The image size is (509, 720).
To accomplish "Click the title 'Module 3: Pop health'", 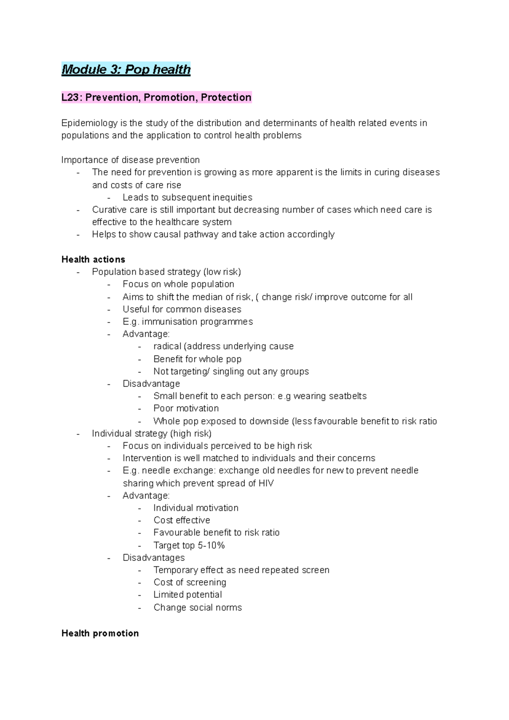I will (126, 69).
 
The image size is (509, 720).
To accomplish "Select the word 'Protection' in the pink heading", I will (226, 98).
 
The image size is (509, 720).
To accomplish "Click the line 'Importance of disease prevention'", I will (130, 160).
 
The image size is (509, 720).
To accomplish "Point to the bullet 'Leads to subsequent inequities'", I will (187, 197).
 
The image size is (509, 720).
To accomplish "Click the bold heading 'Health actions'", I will (93, 259).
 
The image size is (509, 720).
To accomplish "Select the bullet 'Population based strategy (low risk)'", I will (166, 272).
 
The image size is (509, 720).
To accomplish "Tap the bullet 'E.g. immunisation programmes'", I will (187, 322).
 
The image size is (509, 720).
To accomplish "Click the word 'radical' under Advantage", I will (167, 347).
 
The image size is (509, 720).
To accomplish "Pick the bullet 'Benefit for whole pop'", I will (197, 359).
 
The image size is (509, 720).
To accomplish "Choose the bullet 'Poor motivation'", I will (186, 408).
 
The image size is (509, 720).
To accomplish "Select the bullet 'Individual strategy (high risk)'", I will (151, 433).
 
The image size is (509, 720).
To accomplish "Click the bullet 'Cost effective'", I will (182, 520).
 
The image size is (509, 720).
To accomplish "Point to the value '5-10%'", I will (211, 545).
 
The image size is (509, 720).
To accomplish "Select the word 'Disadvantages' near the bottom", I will (154, 558).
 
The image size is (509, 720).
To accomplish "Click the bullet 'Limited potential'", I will (187, 594).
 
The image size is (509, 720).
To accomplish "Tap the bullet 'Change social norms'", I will (197, 608).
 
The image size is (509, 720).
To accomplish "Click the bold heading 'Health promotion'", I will (100, 633).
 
